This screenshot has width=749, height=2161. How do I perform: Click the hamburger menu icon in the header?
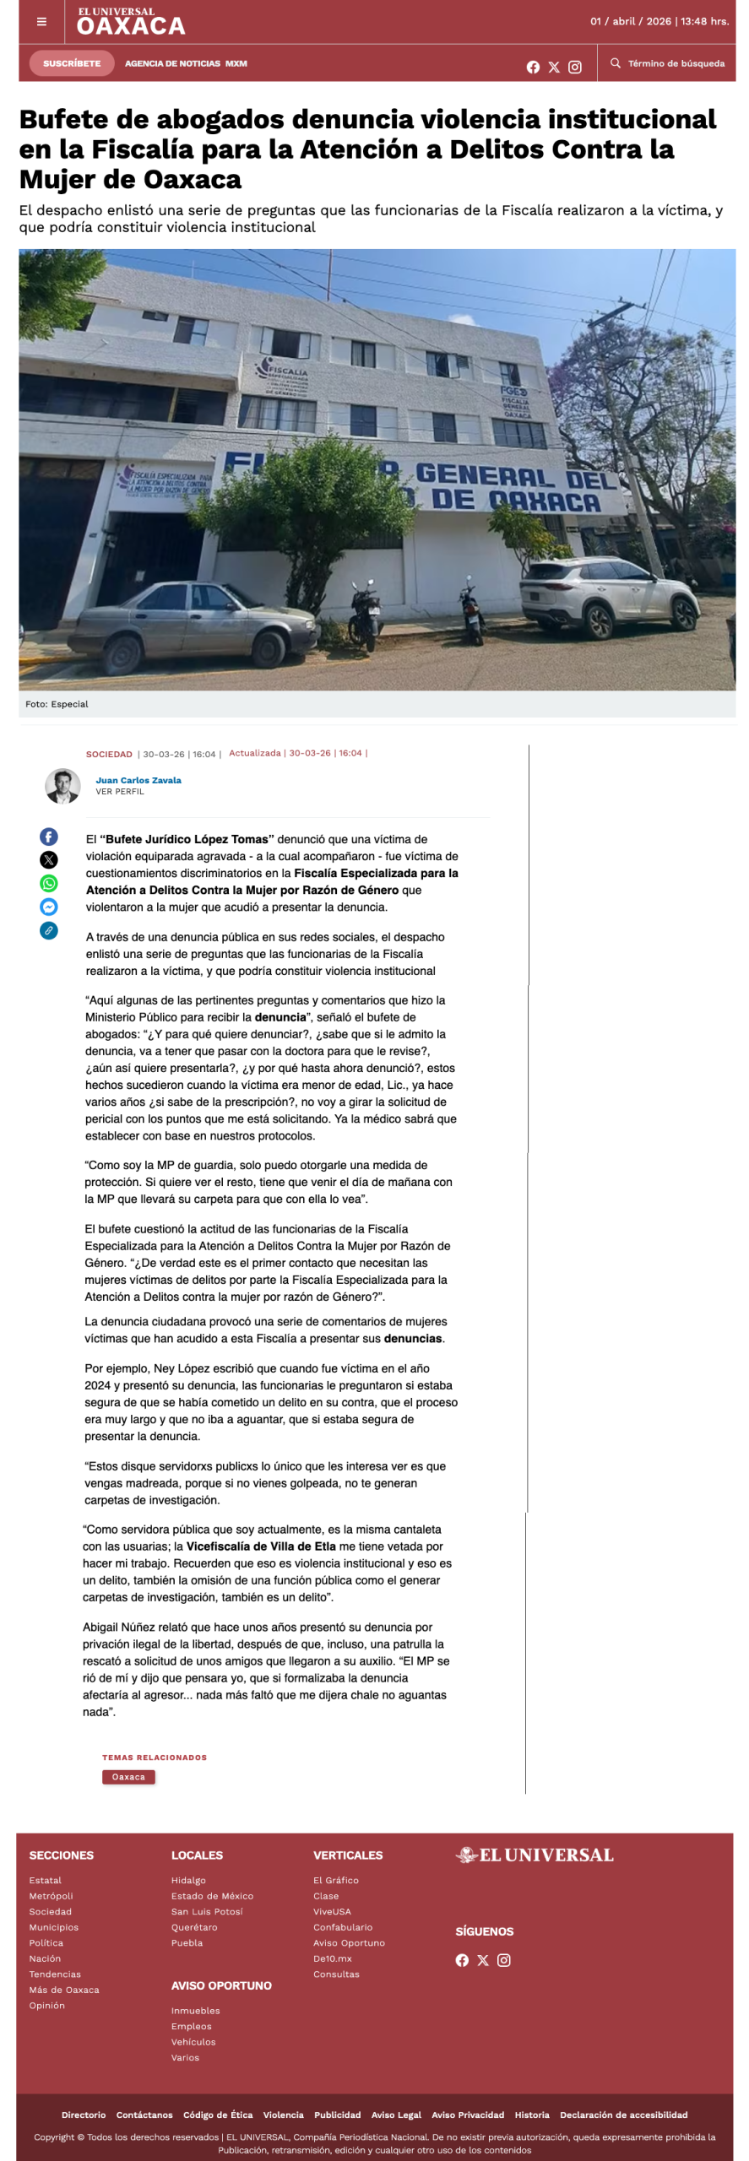41,22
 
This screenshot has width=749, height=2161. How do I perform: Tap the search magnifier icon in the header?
616,63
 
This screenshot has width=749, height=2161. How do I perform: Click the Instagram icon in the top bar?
575,68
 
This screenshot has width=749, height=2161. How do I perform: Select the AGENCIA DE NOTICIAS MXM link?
186,63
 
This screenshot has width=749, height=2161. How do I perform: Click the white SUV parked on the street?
608,595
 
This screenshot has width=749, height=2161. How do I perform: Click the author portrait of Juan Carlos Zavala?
62,786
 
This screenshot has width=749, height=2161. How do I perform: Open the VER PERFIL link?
120,792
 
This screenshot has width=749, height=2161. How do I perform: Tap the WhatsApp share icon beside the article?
49,883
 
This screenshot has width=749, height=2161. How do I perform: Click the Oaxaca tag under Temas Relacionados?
128,1777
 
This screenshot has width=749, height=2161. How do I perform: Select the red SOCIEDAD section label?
109,754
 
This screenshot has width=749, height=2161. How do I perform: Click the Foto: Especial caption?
57,704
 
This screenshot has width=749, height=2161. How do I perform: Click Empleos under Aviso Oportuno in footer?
192,2026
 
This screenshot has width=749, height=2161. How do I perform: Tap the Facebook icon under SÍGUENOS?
462,1960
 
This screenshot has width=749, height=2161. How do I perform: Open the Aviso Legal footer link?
396,2115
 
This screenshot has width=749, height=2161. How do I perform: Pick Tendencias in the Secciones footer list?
55,1974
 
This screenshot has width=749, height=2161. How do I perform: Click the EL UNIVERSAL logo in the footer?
535,1855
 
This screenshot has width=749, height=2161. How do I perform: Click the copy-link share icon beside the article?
49,930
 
